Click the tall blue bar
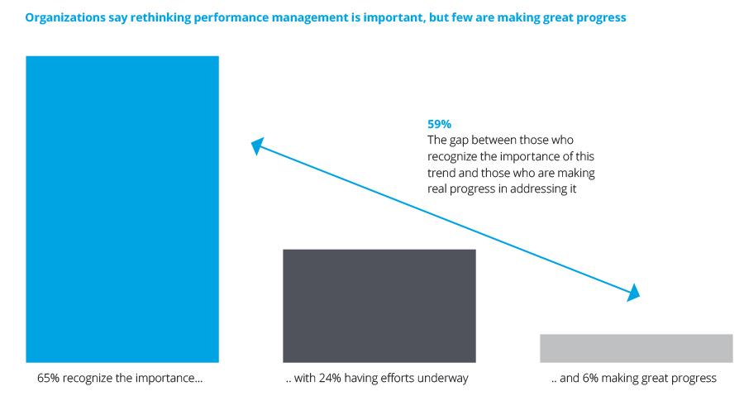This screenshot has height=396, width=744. point(122,208)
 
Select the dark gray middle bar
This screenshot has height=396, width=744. point(379,305)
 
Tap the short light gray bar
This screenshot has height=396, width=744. point(636,348)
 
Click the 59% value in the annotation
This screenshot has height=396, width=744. point(439,124)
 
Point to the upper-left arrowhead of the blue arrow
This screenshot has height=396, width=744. point(257,146)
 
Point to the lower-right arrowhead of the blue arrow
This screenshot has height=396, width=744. point(634,292)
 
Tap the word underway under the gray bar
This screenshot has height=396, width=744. point(445,379)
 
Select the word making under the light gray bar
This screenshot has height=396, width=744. point(621,379)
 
